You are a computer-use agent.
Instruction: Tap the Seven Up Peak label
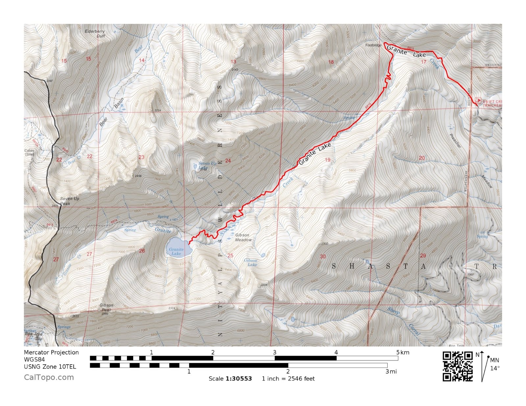(x=69, y=201)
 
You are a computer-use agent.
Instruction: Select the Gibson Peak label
(x=107, y=307)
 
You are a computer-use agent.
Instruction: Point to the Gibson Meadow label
(x=243, y=237)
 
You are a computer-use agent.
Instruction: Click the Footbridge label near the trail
(x=373, y=45)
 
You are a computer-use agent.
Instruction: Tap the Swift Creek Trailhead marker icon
(x=478, y=100)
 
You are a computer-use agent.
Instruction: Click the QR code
(x=457, y=366)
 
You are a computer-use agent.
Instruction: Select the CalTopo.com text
(x=49, y=377)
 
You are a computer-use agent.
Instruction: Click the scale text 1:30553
(x=239, y=379)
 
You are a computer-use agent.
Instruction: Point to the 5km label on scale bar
(x=403, y=352)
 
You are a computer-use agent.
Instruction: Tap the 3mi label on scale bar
(x=391, y=372)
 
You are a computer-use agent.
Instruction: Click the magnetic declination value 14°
(x=495, y=368)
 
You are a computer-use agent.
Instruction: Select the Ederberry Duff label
(x=95, y=34)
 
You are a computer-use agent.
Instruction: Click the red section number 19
(x=327, y=160)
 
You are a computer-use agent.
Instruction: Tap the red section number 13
(x=233, y=62)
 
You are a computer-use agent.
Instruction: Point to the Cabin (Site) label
(x=29, y=152)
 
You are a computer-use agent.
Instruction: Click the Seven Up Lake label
(x=207, y=165)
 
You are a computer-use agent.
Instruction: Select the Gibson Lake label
(x=251, y=262)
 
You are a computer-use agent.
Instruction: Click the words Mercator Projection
(x=51, y=352)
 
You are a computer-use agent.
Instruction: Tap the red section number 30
(x=323, y=257)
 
